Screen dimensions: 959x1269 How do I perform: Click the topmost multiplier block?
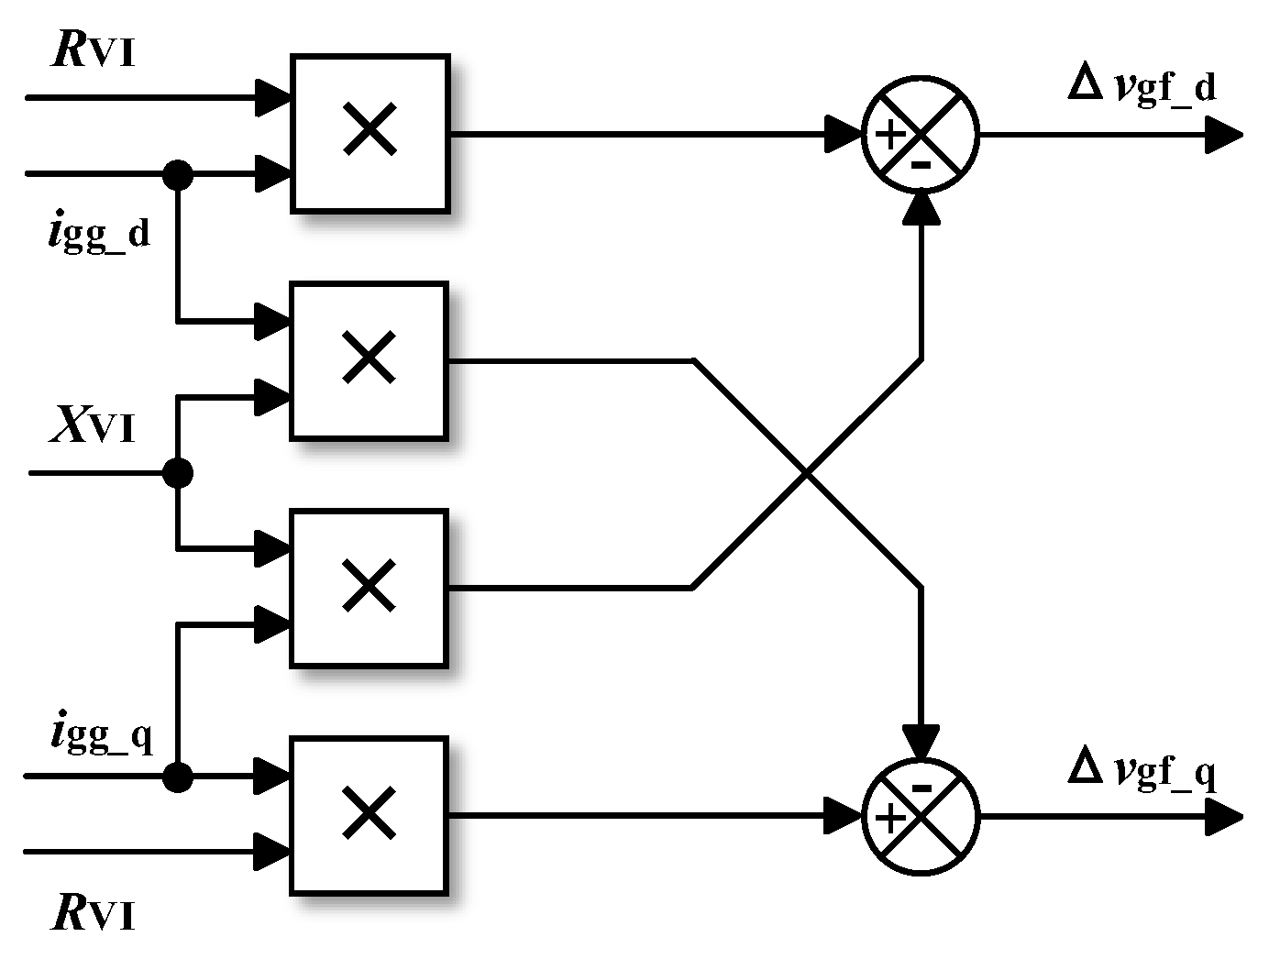370,134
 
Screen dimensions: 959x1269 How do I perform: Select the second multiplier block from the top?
369,361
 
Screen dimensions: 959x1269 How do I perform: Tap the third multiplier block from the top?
369,589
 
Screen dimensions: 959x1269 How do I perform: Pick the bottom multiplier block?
369,815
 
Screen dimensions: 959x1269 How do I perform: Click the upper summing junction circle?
921,136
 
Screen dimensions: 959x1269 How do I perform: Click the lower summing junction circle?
921,816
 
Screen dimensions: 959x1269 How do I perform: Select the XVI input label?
93,426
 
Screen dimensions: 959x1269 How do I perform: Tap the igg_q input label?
101,735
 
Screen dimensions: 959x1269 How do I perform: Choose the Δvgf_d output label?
1142,88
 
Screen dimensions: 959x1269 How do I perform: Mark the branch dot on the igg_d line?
177,172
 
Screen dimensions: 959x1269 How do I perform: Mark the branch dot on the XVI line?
177,473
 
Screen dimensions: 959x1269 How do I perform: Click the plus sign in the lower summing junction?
890,816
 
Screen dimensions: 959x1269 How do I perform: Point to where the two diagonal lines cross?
807,474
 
